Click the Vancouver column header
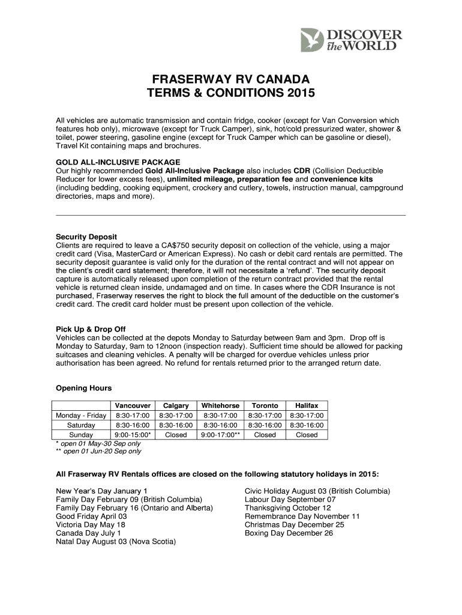click(132, 405)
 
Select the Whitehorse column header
click(220, 405)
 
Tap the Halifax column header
click(307, 405)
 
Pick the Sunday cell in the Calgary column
click(176, 434)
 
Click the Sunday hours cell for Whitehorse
click(220, 434)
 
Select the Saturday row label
click(81, 425)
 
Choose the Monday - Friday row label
click(81, 415)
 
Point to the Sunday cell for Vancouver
click(132, 434)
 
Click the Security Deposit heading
click(86, 237)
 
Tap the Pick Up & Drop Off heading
click(91, 329)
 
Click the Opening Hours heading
click(83, 388)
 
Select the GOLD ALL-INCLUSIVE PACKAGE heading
click(118, 162)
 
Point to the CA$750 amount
click(179, 246)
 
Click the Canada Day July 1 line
click(88, 533)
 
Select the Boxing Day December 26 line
click(289, 533)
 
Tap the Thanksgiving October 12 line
click(288, 507)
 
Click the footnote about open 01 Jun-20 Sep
click(98, 451)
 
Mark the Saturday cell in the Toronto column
click(265, 425)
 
